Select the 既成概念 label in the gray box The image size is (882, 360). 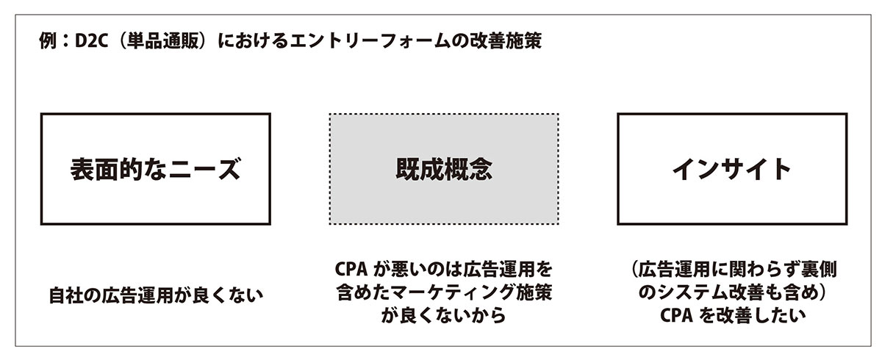444,170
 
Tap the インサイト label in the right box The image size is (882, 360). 731,170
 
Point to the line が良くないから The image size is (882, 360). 443,317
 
